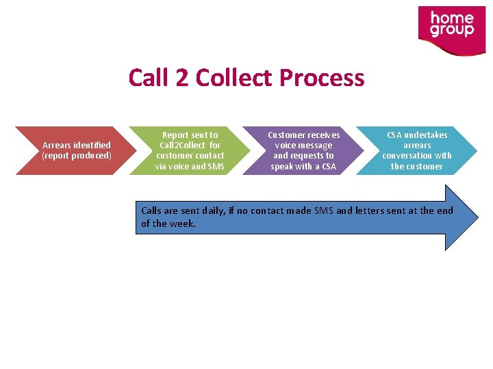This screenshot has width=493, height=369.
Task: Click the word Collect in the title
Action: pyautogui.click(x=236, y=78)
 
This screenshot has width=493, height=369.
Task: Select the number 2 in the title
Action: pyautogui.click(x=181, y=78)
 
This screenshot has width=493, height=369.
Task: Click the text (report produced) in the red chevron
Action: pyautogui.click(x=77, y=156)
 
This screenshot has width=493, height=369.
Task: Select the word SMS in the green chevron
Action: pyautogui.click(x=215, y=167)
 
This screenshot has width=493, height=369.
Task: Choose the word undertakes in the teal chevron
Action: pyautogui.click(x=425, y=135)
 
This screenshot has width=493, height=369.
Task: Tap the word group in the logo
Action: pyautogui.click(x=452, y=31)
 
